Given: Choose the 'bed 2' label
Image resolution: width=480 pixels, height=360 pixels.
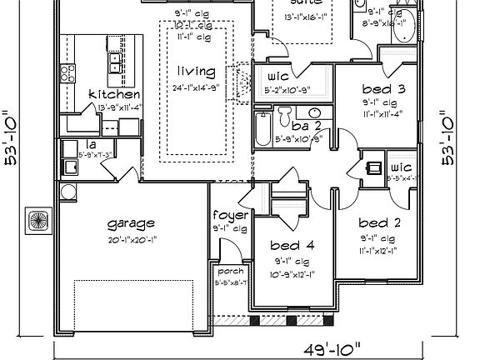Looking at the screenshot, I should [380, 222].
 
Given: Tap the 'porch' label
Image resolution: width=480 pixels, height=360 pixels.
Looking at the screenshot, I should [229, 272].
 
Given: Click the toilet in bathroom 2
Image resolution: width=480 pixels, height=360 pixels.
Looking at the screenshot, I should [284, 114].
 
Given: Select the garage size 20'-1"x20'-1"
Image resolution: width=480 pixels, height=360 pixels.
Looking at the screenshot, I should [132, 237].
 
